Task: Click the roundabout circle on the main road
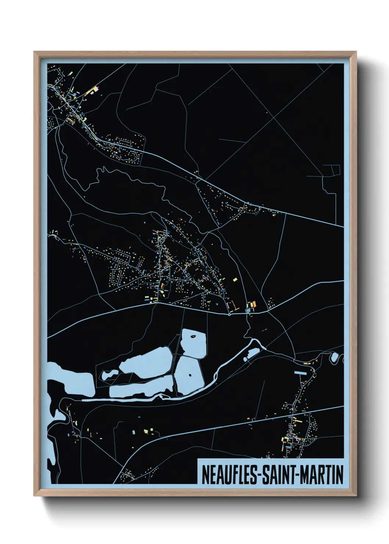click(x=229, y=314)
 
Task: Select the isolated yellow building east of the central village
click(x=235, y=280)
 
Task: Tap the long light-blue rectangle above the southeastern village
click(x=300, y=373)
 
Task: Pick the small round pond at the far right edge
click(x=334, y=357)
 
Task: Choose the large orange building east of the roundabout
click(x=253, y=304)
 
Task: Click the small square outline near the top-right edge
click(x=336, y=170)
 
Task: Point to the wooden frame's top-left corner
click(x=34, y=52)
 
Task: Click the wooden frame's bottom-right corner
click(x=356, y=495)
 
